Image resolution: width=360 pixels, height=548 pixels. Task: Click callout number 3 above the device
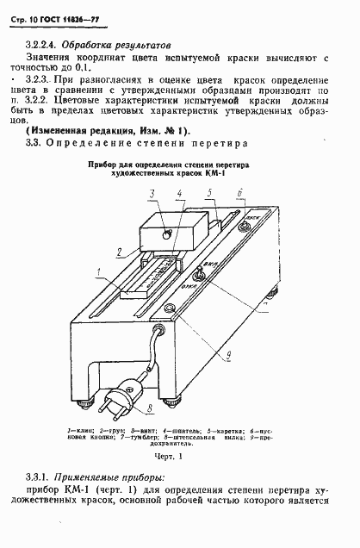(x=152, y=192)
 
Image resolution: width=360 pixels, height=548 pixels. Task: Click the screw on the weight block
(x=166, y=230)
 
